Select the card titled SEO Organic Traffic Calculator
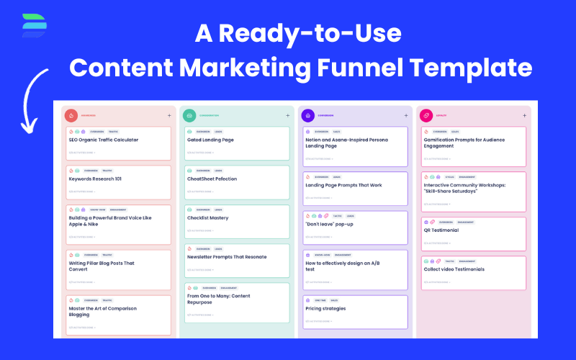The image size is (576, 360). [x=104, y=140]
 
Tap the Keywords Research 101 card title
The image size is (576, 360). [x=95, y=179]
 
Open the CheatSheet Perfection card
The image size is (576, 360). [x=212, y=179]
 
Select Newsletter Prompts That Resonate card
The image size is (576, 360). [x=227, y=257]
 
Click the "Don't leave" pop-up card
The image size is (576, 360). [x=329, y=224]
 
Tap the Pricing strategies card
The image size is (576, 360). [x=325, y=309]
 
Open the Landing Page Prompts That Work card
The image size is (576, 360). [x=343, y=185]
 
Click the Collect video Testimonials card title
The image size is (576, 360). [x=454, y=269]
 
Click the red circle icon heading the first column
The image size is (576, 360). [x=71, y=115]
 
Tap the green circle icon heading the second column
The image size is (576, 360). [x=189, y=115]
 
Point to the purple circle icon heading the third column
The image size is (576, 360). [x=307, y=115]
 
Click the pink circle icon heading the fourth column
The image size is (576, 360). [x=426, y=115]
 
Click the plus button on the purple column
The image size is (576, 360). [x=407, y=115]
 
